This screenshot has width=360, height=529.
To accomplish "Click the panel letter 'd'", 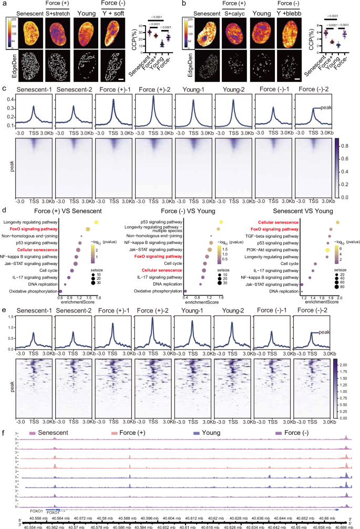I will [4, 209].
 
